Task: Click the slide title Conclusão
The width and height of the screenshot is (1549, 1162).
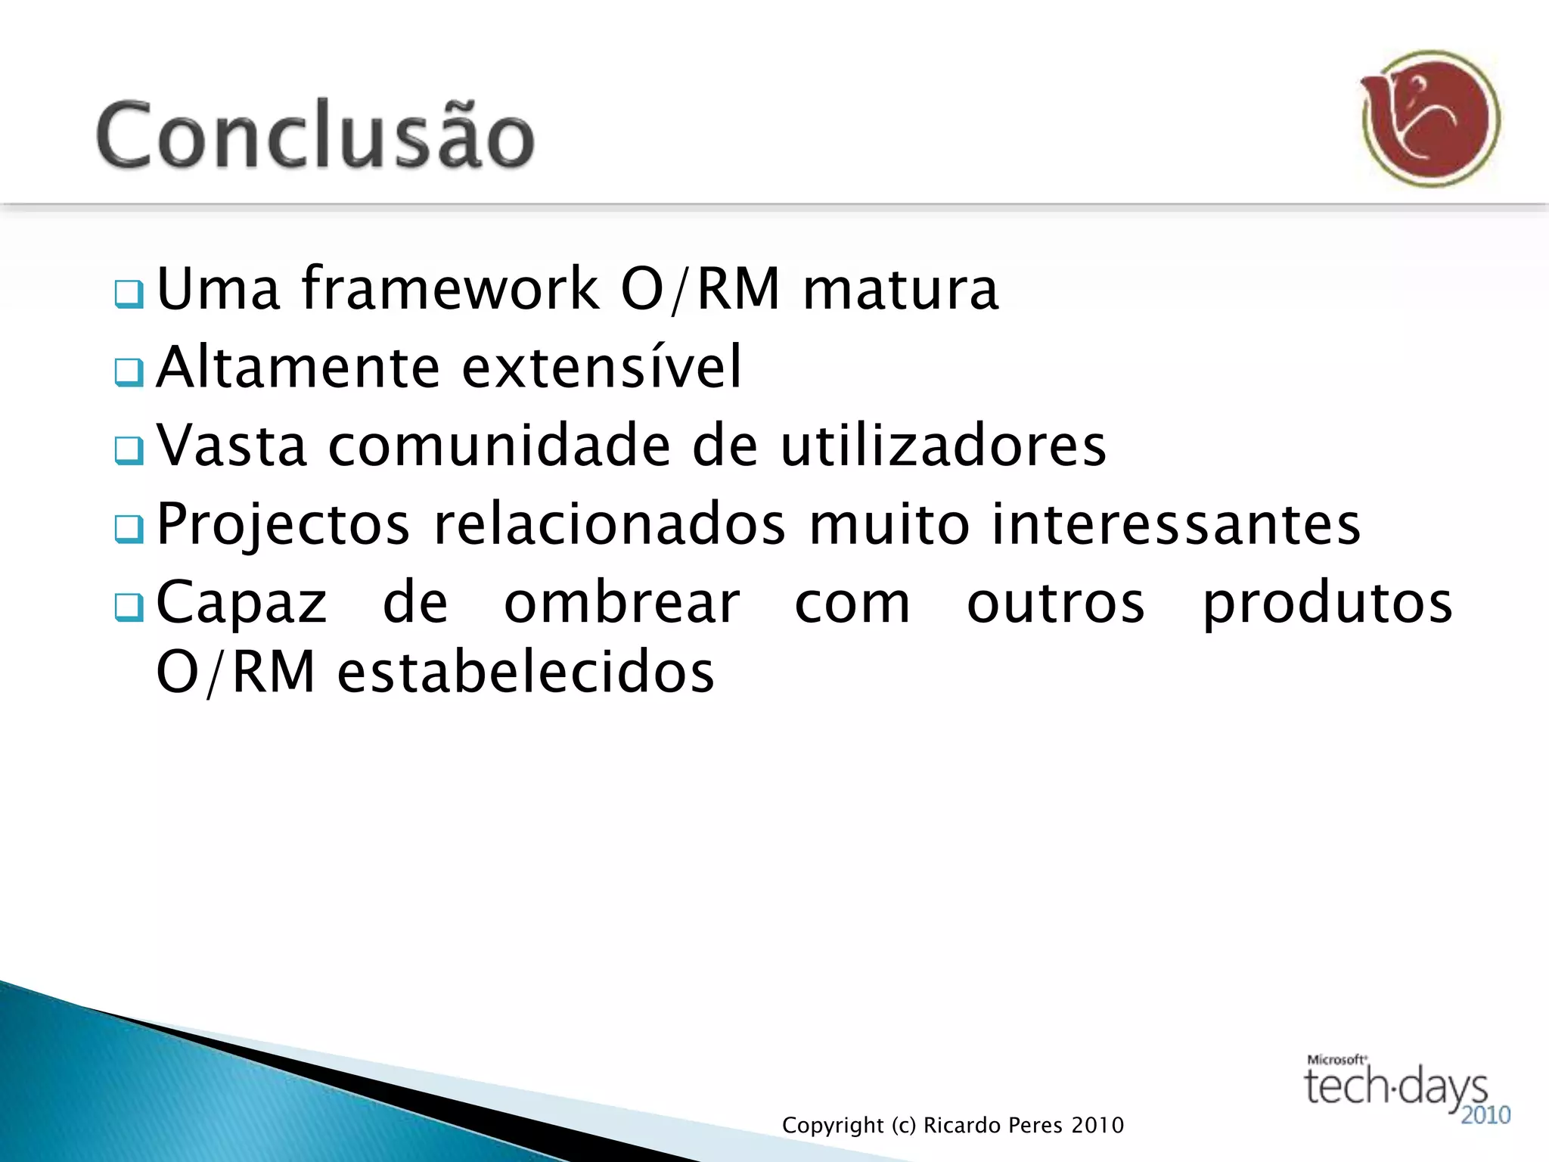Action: [315, 135]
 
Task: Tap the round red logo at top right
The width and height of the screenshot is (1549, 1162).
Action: [1431, 119]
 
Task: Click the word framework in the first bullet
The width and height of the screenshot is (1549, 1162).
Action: [450, 289]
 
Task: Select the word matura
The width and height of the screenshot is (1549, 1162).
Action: [900, 289]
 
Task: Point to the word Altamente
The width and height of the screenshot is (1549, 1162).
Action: [299, 368]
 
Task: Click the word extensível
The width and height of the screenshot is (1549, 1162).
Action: [602, 368]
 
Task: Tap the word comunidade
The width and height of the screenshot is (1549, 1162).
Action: [499, 446]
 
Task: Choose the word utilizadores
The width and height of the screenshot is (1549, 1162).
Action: [943, 446]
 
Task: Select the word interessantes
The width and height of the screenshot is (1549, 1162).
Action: [1176, 524]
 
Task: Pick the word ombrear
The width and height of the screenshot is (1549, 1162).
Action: [622, 603]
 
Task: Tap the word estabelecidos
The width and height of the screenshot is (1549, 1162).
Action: [526, 673]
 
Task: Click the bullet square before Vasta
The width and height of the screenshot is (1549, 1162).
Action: [129, 451]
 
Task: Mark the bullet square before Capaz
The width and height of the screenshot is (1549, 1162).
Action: [129, 607]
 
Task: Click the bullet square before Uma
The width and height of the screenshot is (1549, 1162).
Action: [129, 294]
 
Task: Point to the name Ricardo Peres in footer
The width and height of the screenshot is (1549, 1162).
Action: [995, 1126]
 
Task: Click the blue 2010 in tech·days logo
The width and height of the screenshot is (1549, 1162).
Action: [1485, 1115]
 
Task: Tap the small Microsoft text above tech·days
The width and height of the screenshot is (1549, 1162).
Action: [1336, 1060]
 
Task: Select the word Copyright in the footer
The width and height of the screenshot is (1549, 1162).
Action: [833, 1126]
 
